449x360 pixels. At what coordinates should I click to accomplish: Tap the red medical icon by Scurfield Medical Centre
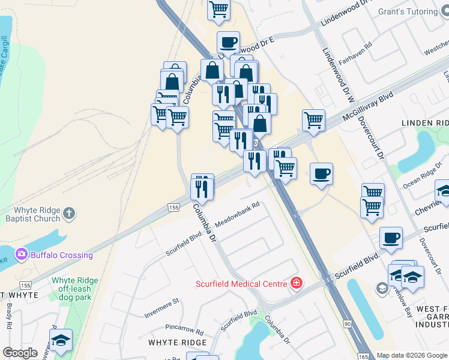click(295, 283)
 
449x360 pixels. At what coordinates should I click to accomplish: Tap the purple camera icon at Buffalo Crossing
click(23, 254)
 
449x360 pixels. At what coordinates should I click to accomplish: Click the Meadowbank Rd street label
click(237, 214)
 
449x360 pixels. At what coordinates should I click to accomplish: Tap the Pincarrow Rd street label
click(185, 329)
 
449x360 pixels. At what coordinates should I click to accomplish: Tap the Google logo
click(20, 353)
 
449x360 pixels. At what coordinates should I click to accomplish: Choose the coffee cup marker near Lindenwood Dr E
click(228, 42)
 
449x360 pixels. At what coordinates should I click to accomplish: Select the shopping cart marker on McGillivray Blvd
click(313, 120)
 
